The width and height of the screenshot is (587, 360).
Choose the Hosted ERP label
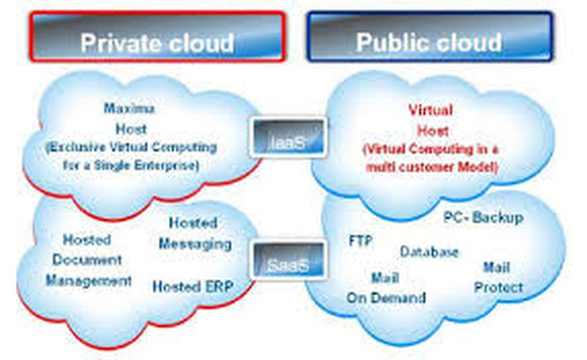193,286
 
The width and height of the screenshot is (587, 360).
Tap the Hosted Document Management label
88,261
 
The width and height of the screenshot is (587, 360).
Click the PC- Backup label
482,218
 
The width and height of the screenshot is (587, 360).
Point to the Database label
429,252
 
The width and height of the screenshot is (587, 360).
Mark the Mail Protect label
497,277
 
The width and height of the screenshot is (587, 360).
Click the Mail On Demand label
385,287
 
